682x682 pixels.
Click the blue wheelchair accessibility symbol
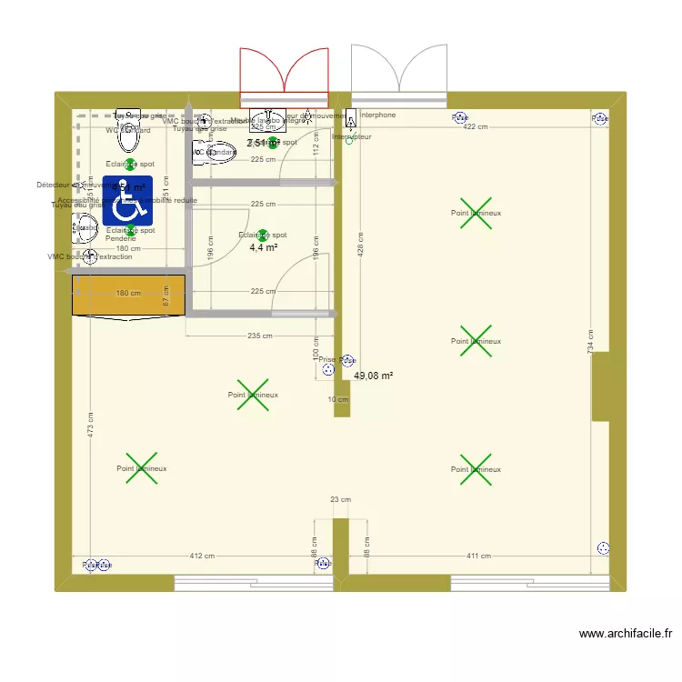click(x=127, y=200)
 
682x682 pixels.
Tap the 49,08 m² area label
click(x=373, y=376)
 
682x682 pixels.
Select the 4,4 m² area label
click(x=263, y=246)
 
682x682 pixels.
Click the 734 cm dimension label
click(x=590, y=342)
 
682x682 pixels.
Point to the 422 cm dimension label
click(x=476, y=127)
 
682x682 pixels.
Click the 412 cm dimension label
click(x=202, y=556)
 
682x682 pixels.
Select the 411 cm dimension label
click(x=478, y=556)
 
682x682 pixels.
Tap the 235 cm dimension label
click(x=260, y=336)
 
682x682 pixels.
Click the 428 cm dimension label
click(x=361, y=249)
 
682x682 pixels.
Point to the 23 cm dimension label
click(x=341, y=499)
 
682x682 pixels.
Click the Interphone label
click(x=378, y=115)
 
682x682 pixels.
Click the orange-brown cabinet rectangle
click(x=128, y=295)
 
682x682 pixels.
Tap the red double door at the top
click(x=283, y=77)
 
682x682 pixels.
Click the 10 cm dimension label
click(x=338, y=399)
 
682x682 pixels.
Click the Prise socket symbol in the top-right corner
click(x=600, y=117)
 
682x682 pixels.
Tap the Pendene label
click(x=121, y=238)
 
